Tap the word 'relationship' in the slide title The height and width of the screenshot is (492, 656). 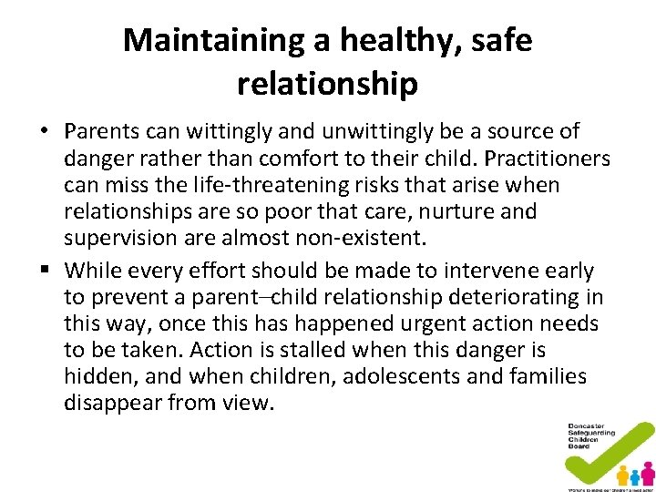coord(327,84)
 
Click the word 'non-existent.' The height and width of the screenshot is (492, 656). coord(357,238)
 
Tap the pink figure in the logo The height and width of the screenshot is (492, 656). coord(648,473)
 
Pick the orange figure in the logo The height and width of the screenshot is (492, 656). coord(622,475)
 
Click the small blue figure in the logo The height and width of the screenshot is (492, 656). coord(635,477)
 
